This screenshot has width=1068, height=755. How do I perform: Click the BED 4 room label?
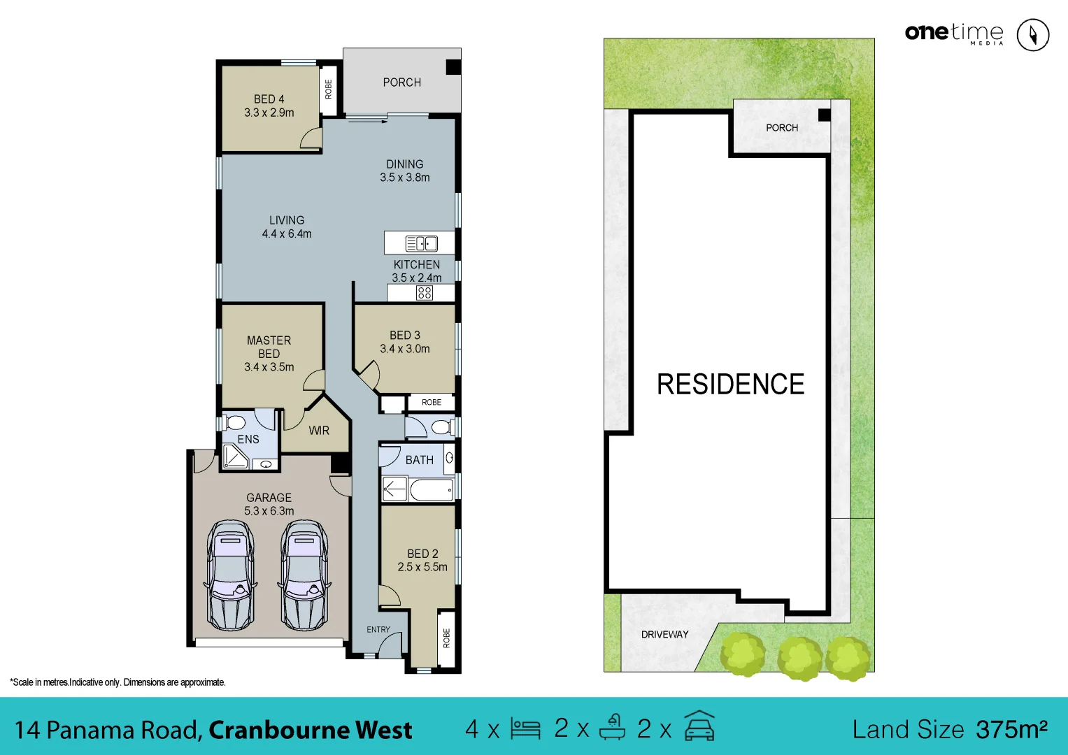[269, 99]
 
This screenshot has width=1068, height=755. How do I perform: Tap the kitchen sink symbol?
[422, 243]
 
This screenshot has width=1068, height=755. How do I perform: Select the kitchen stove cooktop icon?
[425, 293]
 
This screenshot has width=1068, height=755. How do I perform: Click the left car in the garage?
[230, 575]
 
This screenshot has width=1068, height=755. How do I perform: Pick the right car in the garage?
[304, 575]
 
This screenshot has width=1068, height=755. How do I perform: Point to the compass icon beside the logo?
[1032, 34]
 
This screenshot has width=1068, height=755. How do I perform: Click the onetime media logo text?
[953, 33]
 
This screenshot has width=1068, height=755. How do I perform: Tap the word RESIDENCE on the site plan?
[730, 384]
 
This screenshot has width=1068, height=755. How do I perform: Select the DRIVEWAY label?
[664, 635]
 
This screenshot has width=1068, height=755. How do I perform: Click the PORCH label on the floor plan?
[402, 82]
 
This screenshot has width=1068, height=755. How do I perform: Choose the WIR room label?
[319, 431]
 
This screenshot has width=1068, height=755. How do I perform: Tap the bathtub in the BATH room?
[431, 489]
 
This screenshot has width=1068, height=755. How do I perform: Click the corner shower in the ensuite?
[234, 456]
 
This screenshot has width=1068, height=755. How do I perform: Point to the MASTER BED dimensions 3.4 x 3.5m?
[269, 367]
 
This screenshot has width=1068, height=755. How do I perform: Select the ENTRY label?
[378, 630]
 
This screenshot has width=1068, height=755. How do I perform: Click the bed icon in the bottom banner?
[525, 729]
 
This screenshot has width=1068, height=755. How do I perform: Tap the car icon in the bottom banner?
[699, 727]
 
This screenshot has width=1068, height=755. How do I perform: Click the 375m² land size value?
[1011, 729]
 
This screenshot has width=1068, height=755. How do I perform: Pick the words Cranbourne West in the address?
[311, 730]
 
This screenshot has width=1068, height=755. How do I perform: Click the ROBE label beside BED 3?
[432, 403]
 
